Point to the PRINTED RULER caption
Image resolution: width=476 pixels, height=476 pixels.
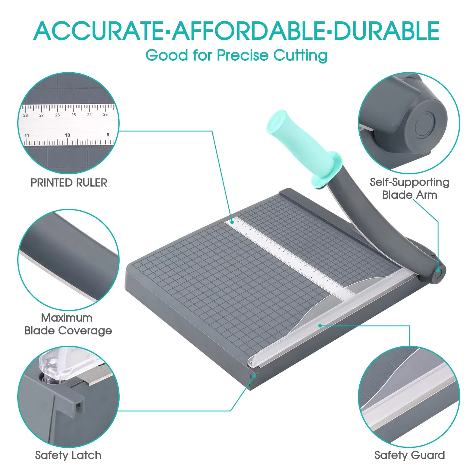69,183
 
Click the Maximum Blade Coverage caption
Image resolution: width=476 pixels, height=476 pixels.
68,324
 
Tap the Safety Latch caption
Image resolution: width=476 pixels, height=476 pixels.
68,455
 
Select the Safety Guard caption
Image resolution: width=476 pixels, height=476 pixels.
409,455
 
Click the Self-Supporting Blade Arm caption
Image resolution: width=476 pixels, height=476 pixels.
409,189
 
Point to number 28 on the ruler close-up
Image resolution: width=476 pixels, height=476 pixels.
26,115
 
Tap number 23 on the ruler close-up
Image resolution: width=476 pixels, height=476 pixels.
105,115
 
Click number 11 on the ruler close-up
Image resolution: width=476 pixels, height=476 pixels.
27,136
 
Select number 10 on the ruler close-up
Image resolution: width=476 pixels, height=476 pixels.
68,135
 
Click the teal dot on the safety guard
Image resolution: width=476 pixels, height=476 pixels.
320,326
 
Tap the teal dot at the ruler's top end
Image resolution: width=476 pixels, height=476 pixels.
233,222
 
